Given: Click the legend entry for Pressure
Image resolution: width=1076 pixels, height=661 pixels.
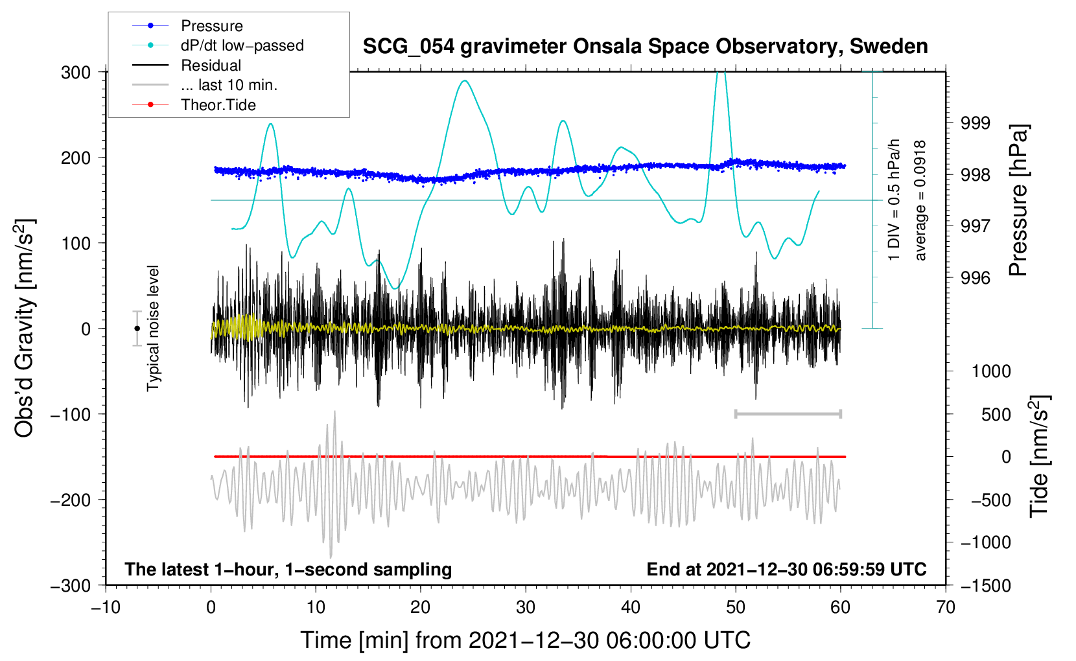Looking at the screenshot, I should point(211,26).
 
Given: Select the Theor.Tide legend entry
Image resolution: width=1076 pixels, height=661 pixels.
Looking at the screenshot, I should point(218,105).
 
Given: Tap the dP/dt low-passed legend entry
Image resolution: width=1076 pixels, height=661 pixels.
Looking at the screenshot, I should point(242,45).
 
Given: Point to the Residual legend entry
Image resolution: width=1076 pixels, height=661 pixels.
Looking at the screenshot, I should point(211,65).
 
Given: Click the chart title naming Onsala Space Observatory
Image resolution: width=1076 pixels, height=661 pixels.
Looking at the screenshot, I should point(645,47).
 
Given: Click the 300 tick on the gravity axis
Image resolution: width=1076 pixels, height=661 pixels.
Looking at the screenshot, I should point(76,73).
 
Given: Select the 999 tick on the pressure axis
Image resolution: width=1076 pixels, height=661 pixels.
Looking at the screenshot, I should point(975,123).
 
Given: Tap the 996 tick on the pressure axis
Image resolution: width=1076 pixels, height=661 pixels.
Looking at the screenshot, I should point(975,278).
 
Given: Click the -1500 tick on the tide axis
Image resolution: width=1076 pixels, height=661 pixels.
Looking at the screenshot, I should point(985,585).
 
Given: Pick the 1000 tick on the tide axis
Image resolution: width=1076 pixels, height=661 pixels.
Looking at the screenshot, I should point(990,371).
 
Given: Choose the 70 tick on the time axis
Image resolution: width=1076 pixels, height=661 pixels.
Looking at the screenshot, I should point(946,607).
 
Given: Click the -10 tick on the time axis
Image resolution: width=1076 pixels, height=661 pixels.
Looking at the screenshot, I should point(106,607).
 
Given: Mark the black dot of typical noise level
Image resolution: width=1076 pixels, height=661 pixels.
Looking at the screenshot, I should point(137,329).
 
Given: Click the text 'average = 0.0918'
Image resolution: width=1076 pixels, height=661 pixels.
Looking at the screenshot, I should point(920,201).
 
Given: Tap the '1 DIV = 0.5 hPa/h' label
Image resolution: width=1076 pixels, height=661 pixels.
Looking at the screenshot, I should point(895,200).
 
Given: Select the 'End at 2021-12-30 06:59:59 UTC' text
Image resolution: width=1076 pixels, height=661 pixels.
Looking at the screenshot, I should point(786,570).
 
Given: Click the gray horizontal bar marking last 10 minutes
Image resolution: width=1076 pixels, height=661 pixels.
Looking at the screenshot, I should point(788,414).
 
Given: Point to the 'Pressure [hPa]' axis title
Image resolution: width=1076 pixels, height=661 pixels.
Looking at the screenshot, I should point(1018,201).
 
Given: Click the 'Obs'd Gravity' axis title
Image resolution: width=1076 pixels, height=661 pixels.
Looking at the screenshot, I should point(25,329).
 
